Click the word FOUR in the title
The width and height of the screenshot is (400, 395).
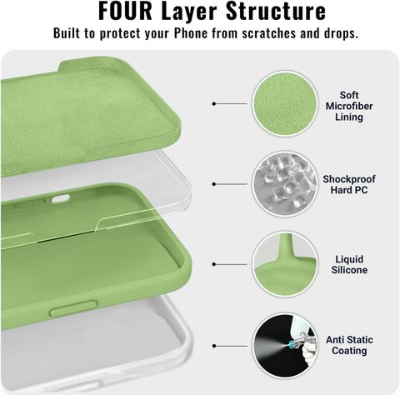click(x=125, y=11)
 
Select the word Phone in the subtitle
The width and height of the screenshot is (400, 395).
click(x=191, y=33)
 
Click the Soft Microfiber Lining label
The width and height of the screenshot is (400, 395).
click(x=349, y=106)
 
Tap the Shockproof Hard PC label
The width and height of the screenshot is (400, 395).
click(x=349, y=184)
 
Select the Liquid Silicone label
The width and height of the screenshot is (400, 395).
click(x=349, y=264)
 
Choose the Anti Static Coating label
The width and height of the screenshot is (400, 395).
click(x=349, y=345)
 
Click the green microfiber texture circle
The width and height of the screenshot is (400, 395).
click(x=285, y=103)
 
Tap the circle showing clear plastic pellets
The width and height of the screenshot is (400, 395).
click(x=285, y=184)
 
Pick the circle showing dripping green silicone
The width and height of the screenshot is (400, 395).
click(x=285, y=264)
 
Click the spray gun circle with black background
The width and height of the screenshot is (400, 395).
click(x=285, y=346)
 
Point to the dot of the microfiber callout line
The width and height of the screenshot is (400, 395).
click(x=214, y=103)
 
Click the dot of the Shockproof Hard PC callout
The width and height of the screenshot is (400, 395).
click(x=214, y=184)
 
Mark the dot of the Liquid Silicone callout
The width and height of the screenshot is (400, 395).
click(x=214, y=264)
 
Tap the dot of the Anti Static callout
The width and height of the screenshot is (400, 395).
click(x=214, y=346)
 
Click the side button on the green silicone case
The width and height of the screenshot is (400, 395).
click(x=73, y=307)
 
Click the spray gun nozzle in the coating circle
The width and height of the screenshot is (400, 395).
click(x=291, y=345)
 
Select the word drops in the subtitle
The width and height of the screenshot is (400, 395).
click(x=342, y=33)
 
